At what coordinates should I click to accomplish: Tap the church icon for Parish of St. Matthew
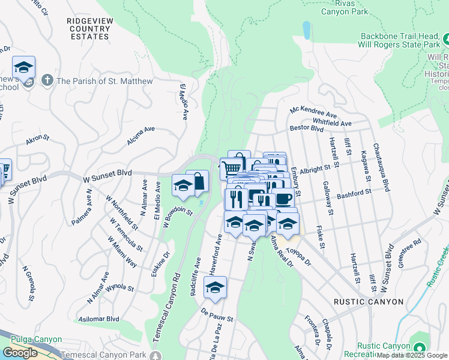coord(47,80)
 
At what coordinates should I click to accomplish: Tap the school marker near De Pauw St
coord(215,289)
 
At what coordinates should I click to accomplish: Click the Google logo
coord(20,353)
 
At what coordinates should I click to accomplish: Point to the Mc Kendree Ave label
coord(313,113)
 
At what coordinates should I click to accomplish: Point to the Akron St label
coord(37,140)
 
